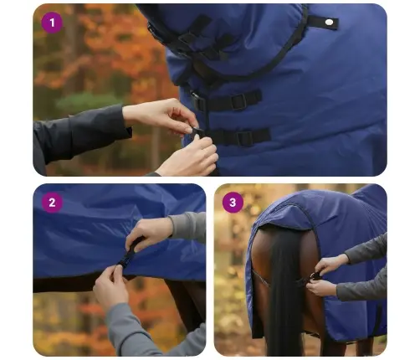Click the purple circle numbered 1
[x=52, y=23]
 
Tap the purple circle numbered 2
[x=52, y=202]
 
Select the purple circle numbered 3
[x=233, y=202]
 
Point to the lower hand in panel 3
[x=322, y=288]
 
